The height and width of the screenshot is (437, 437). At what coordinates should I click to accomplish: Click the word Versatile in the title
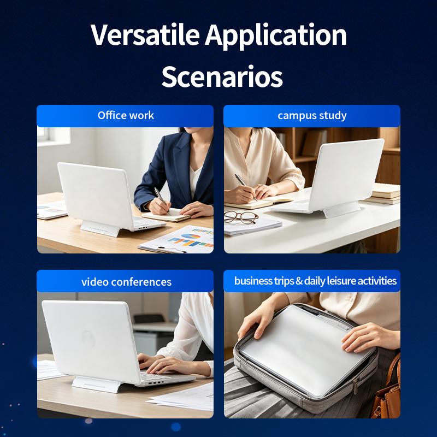click(x=145, y=34)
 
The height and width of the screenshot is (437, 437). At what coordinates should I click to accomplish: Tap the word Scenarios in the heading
click(x=222, y=76)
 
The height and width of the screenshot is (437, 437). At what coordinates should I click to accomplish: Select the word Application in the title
click(x=276, y=36)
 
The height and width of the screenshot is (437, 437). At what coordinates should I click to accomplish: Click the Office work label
click(x=126, y=115)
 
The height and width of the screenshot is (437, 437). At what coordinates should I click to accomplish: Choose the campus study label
click(x=312, y=116)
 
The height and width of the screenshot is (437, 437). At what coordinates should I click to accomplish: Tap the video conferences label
click(x=126, y=282)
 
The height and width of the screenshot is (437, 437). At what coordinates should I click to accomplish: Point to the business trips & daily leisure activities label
click(x=315, y=281)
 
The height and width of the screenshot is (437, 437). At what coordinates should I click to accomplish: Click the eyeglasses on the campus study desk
click(x=241, y=217)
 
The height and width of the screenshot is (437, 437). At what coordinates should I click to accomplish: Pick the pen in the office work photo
click(x=162, y=200)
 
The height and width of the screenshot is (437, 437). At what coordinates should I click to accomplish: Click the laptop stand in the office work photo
click(x=101, y=228)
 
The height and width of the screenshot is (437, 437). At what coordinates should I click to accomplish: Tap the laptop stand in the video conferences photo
click(x=96, y=384)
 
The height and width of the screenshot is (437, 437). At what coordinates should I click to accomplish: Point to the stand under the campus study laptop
click(x=341, y=209)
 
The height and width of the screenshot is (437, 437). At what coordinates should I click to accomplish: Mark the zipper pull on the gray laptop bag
click(x=356, y=386)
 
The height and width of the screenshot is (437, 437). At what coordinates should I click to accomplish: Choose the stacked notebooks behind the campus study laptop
click(x=383, y=194)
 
